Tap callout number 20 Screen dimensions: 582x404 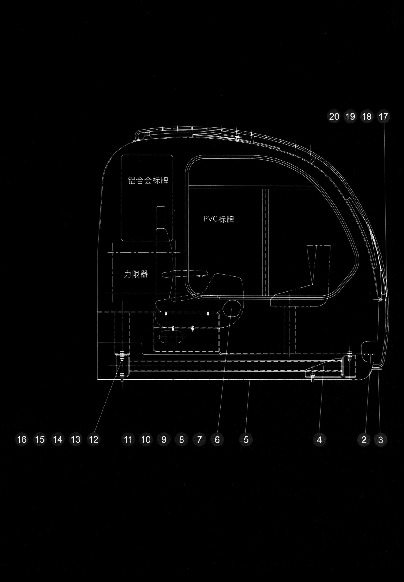point(334,117)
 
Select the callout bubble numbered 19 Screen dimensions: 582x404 point(350,117)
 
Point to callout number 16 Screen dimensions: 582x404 point(22,439)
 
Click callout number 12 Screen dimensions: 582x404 point(94,439)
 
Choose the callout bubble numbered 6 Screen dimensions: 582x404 point(217,439)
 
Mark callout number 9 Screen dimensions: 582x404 point(164,439)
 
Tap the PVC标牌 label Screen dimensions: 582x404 point(219,219)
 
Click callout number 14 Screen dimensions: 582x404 point(58,439)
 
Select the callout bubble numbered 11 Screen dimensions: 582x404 point(128,439)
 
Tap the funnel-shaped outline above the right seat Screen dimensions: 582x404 point(318,261)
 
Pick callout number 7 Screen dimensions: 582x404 point(199,439)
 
